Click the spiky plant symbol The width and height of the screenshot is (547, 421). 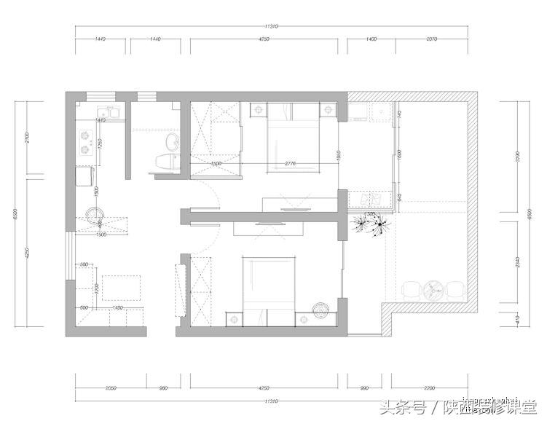click(x=372, y=222)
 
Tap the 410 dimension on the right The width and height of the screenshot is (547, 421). click(x=519, y=318)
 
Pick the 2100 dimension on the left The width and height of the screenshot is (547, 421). click(x=27, y=138)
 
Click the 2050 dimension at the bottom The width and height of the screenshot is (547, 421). click(x=111, y=388)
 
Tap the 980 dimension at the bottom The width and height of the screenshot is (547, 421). click(x=164, y=388)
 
